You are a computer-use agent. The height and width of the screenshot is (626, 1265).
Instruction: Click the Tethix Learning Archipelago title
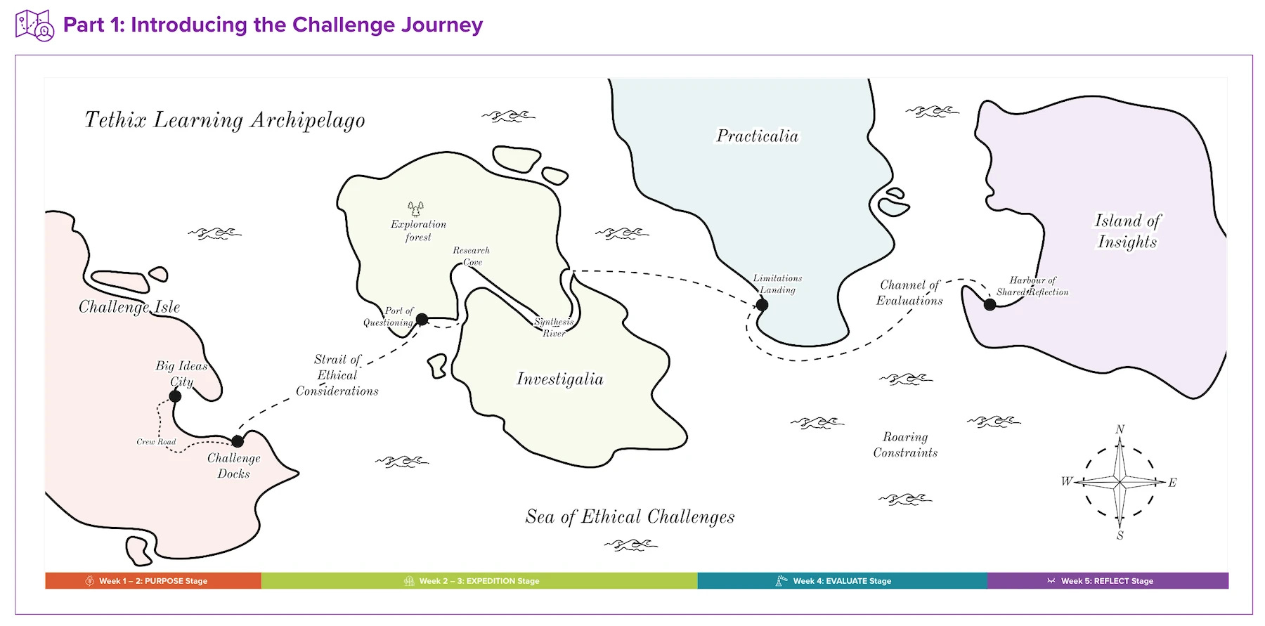pyautogui.click(x=225, y=120)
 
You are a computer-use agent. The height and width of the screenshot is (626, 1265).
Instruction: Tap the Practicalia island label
pyautogui.click(x=757, y=136)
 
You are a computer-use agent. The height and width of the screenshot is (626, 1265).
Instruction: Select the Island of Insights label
pyautogui.click(x=1127, y=231)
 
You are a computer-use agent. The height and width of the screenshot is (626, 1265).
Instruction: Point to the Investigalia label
pyautogui.click(x=559, y=379)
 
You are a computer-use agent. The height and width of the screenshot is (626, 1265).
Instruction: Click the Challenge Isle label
pyautogui.click(x=129, y=307)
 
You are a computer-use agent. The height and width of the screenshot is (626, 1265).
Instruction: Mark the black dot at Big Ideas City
pyautogui.click(x=176, y=396)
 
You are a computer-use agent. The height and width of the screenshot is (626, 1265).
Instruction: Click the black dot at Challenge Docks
pyautogui.click(x=238, y=441)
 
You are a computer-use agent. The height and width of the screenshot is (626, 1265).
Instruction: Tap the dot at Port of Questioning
pyautogui.click(x=422, y=320)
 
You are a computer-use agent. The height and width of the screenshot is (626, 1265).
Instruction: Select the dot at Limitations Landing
pyautogui.click(x=762, y=305)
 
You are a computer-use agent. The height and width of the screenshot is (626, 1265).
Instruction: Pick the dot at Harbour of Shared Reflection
pyautogui.click(x=990, y=305)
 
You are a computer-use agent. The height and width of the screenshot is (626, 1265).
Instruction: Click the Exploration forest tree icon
pyautogui.click(x=416, y=209)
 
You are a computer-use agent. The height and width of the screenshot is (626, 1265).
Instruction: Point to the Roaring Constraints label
pyautogui.click(x=905, y=445)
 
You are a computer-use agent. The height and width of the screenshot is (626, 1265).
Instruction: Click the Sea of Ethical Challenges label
pyautogui.click(x=630, y=517)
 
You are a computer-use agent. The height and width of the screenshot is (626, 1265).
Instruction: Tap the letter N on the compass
pyautogui.click(x=1120, y=429)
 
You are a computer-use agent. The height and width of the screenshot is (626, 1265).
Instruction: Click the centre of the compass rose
pyautogui.click(x=1120, y=482)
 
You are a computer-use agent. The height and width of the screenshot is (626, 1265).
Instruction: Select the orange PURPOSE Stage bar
pyautogui.click(x=153, y=581)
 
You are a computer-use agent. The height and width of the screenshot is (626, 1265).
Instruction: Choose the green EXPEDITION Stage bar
pyautogui.click(x=479, y=581)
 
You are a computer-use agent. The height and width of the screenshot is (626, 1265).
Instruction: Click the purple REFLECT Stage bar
pyautogui.click(x=1108, y=581)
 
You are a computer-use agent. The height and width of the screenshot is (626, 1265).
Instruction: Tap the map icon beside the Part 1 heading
pyautogui.click(x=34, y=25)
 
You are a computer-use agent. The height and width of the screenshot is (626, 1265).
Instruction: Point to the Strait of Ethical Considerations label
pyautogui.click(x=337, y=375)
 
